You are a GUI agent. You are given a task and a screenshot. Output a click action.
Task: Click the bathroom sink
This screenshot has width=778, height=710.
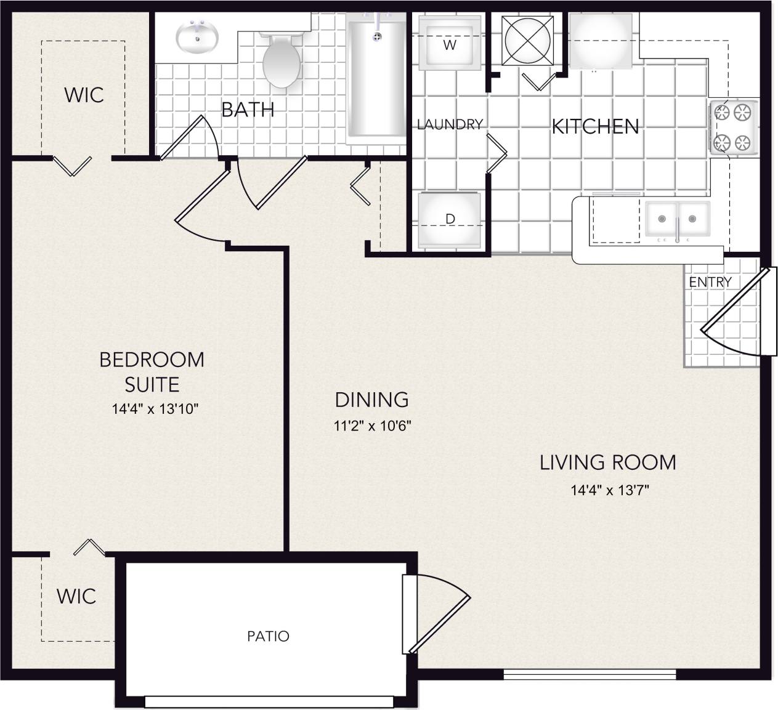tap(197, 37)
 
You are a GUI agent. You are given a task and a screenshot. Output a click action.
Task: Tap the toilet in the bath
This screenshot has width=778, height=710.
tap(282, 62)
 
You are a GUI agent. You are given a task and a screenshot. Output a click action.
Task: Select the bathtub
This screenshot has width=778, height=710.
tap(376, 77)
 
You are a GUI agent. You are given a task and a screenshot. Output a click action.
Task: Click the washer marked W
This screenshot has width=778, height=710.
tap(450, 43)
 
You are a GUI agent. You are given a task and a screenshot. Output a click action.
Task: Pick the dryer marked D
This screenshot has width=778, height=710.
tap(450, 220)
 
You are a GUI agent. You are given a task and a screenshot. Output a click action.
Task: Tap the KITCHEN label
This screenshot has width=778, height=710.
tap(595, 127)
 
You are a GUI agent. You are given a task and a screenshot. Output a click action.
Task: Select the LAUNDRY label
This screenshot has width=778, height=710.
tap(450, 124)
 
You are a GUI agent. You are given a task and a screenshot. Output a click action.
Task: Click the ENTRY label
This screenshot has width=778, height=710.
tap(710, 282)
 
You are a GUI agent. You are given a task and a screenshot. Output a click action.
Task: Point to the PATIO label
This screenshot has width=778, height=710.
tap(268, 636)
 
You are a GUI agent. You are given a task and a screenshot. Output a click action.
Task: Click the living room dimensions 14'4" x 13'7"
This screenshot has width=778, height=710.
tap(610, 491)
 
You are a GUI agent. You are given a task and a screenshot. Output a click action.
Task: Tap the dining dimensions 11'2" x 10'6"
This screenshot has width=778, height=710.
tap(372, 426)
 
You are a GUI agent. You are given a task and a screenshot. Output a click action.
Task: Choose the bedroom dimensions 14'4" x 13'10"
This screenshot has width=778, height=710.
tap(155, 409)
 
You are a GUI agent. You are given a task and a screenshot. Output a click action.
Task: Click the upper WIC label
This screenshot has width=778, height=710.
tap(84, 95)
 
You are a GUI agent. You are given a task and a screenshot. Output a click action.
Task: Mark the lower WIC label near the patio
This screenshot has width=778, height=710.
tap(76, 596)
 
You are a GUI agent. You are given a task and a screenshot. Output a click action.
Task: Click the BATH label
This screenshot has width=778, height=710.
tap(248, 110)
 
